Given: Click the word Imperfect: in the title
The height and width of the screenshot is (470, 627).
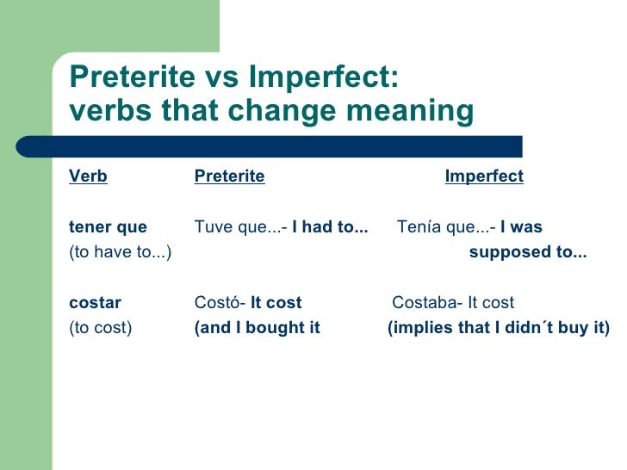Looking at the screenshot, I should coord(324,77).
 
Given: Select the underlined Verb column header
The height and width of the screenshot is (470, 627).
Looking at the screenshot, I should coord(88,176).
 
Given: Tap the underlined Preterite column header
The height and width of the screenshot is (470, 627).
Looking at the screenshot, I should coord(229,176).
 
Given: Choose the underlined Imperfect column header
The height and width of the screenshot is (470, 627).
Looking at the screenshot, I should coord(484,176).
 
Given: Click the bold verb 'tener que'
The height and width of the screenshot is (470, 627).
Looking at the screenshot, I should coord(108,227).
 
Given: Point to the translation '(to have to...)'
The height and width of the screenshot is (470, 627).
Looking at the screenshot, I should coord(120,252).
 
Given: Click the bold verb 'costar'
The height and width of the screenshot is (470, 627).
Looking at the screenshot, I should coord(95,303).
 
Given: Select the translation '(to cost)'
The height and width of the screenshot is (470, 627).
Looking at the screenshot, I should coord(100,328).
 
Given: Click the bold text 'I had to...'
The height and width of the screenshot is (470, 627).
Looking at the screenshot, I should coord(330,227).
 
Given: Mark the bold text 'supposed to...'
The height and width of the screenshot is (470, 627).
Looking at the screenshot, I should coord(528,252).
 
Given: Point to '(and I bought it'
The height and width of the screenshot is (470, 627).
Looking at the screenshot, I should coord(258,328).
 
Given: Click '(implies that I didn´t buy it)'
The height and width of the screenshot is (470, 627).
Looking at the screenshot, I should coord(499,328).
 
